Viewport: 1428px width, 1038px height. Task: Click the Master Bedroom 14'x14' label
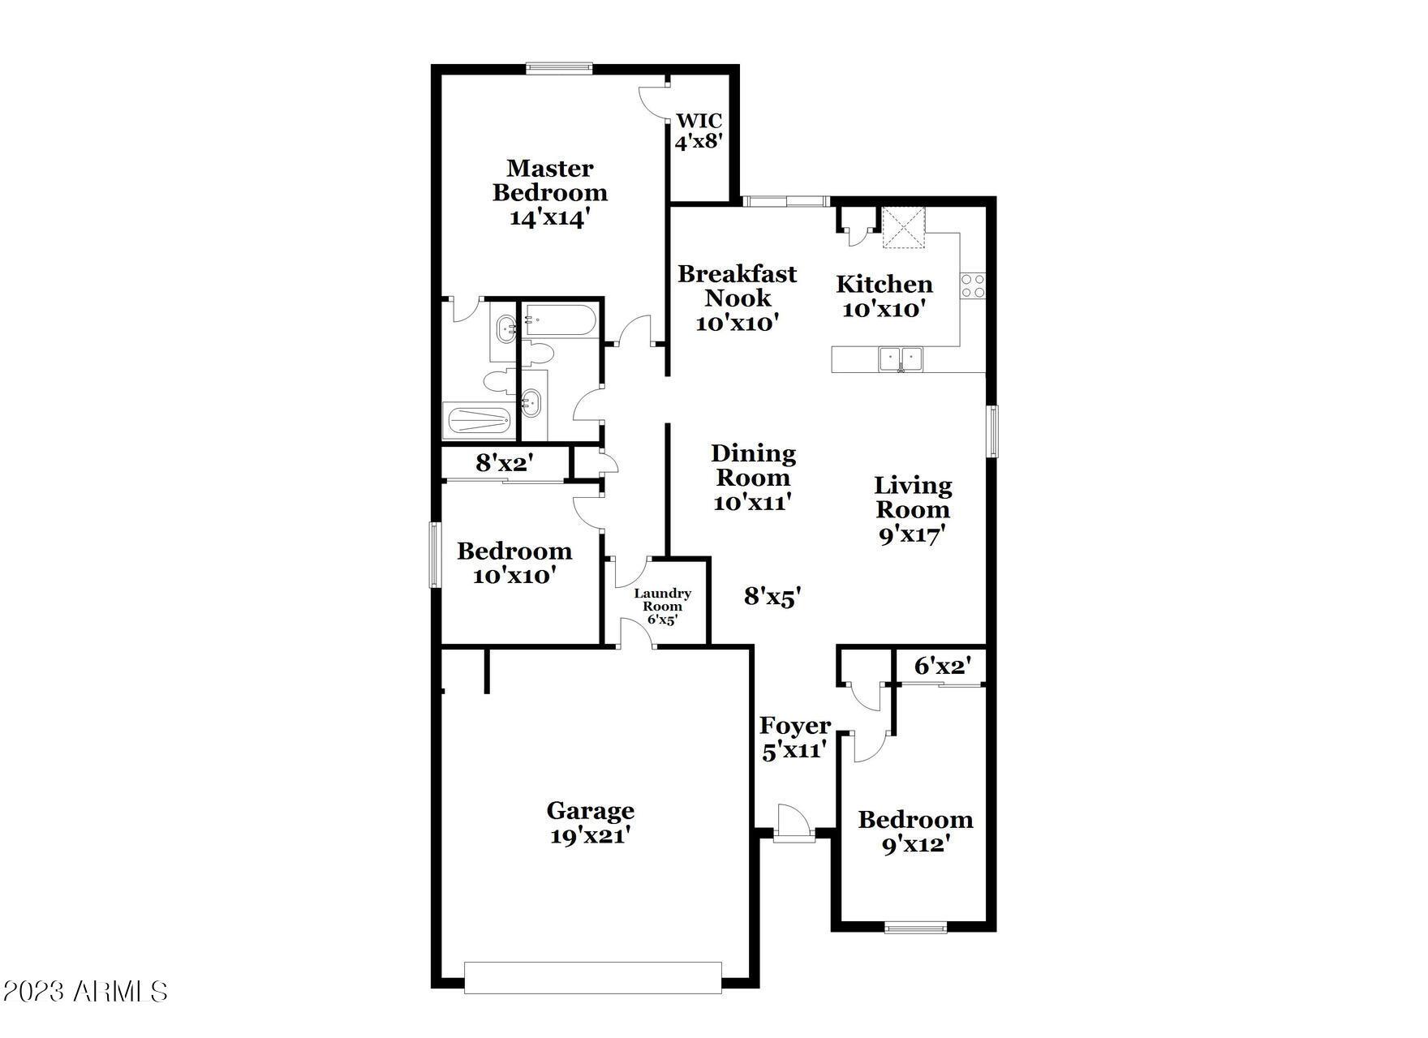point(550,193)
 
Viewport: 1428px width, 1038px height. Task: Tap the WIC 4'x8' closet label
point(699,131)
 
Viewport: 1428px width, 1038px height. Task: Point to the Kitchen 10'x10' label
point(884,296)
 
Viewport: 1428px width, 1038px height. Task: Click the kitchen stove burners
point(973,285)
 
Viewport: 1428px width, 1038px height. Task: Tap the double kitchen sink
point(901,358)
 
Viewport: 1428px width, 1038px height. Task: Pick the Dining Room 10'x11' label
point(753,478)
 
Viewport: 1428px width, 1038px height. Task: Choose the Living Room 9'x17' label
point(913,510)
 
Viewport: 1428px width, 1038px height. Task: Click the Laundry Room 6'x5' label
point(663,607)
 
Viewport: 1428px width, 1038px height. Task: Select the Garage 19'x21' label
point(591,822)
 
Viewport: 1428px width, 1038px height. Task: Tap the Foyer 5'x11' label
point(795,738)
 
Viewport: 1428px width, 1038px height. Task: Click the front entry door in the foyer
point(793,825)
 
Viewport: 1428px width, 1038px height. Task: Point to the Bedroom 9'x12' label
point(916,832)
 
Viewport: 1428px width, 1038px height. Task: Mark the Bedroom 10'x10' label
point(514,563)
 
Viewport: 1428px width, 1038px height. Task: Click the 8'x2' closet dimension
point(504,463)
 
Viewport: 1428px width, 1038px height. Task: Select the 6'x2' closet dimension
point(943,667)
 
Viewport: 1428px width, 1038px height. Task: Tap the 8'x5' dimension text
point(772,597)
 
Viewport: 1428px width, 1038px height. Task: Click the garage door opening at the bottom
point(592,977)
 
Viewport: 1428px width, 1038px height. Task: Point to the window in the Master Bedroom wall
point(558,69)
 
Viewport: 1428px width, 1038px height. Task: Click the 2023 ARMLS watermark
point(85,991)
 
